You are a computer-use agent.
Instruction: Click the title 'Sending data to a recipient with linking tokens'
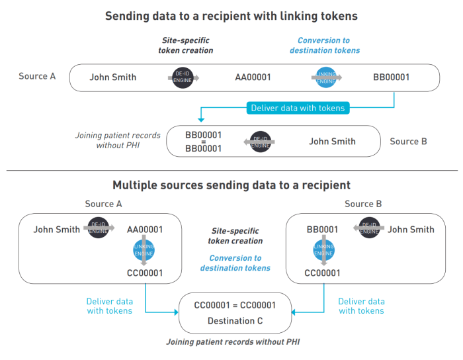232,16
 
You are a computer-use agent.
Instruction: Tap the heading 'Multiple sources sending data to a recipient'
232,185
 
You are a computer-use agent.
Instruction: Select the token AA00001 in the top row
253,77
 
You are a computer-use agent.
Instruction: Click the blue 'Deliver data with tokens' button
298,108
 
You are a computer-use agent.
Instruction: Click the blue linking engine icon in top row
324,77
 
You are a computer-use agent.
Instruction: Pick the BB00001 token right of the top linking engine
391,77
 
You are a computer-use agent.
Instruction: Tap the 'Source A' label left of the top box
37,76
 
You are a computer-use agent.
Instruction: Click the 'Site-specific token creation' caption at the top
186,45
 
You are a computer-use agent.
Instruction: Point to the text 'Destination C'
235,321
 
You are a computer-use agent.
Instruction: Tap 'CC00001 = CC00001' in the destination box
235,306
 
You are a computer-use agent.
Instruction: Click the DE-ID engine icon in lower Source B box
368,228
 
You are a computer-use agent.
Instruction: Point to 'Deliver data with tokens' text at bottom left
109,306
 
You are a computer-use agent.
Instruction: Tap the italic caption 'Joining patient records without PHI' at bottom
235,342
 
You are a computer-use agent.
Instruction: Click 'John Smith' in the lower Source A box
56,230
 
